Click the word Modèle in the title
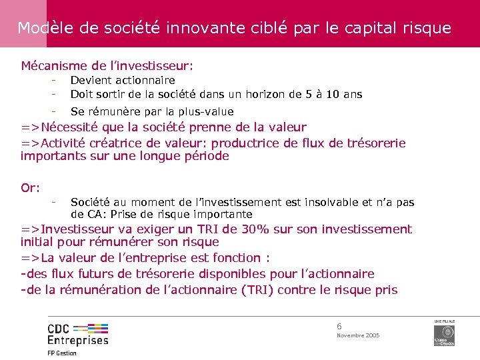tap(41, 28)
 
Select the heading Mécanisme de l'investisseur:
tap(107, 66)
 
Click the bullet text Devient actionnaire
tap(123, 80)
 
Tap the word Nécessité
tap(73, 127)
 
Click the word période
tap(204, 156)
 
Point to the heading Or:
tap(31, 188)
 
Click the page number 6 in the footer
tap(339, 326)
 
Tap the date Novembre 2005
tap(358, 335)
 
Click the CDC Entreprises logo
tap(77, 333)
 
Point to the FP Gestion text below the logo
tap(61, 353)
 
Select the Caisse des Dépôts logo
tap(444, 333)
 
